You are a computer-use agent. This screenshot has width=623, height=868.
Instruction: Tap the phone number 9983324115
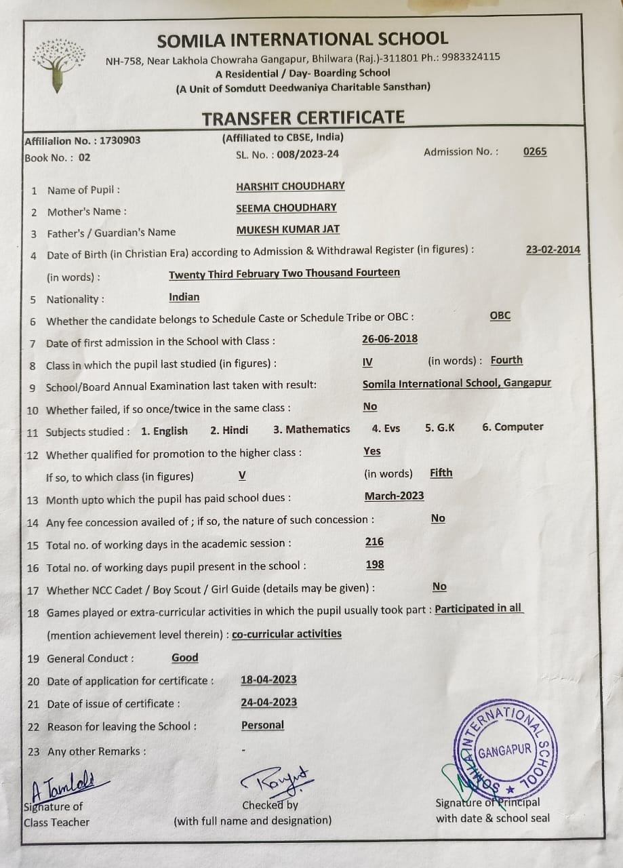pyautogui.click(x=471, y=57)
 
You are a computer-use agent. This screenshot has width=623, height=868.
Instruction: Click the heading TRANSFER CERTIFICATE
pyautogui.click(x=303, y=117)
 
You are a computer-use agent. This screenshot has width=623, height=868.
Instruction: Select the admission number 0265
pyautogui.click(x=535, y=152)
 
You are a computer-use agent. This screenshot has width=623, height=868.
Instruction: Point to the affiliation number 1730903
pyautogui.click(x=120, y=140)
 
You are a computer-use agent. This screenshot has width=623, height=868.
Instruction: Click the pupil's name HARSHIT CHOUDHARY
pyautogui.click(x=290, y=186)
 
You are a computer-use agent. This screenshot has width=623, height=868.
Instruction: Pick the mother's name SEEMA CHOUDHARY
pyautogui.click(x=286, y=208)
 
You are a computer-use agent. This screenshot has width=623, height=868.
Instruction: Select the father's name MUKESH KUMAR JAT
pyautogui.click(x=288, y=229)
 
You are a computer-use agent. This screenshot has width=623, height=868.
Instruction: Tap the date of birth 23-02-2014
pyautogui.click(x=552, y=250)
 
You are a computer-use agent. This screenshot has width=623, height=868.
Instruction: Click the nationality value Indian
pyautogui.click(x=184, y=297)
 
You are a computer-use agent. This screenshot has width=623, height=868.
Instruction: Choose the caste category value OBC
pyautogui.click(x=500, y=316)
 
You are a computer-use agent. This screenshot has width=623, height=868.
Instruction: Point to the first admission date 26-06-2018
pyautogui.click(x=390, y=338)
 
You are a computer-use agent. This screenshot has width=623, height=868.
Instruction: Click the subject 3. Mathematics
pyautogui.click(x=312, y=429)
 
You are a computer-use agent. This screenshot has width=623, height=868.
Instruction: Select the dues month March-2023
pyautogui.click(x=394, y=496)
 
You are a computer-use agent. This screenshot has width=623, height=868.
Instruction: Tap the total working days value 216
pyautogui.click(x=374, y=542)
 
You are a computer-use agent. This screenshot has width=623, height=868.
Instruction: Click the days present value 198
pyautogui.click(x=374, y=564)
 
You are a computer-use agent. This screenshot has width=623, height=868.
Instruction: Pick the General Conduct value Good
pyautogui.click(x=184, y=658)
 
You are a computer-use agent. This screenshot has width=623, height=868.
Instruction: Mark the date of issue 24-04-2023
pyautogui.click(x=268, y=703)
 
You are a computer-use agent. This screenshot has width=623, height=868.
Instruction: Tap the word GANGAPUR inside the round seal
pyautogui.click(x=504, y=751)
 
